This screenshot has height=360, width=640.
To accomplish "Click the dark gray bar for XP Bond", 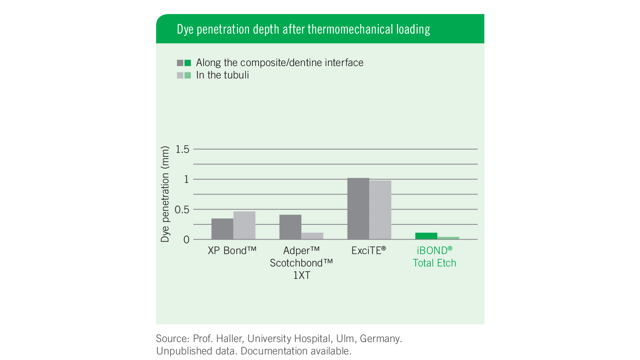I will click(222, 229).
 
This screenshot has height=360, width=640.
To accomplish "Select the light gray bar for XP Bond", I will click(244, 225).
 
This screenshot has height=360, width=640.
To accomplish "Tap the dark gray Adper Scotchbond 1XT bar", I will click(290, 227).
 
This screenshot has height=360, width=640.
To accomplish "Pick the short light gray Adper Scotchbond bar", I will click(312, 236).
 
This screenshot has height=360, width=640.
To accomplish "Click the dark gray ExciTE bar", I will click(358, 208).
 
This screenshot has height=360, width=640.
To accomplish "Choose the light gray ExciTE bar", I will click(380, 210).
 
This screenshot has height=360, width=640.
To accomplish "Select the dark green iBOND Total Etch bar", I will click(426, 236).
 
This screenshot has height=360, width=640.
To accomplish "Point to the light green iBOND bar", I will click(448, 238).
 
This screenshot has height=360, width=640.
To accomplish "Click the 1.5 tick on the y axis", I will click(182, 149).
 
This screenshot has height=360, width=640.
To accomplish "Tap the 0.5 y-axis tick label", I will click(182, 210).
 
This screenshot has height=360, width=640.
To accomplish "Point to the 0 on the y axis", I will click(186, 240).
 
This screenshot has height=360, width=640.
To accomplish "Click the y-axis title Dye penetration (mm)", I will click(165, 194).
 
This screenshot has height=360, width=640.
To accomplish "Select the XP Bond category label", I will click(232, 250).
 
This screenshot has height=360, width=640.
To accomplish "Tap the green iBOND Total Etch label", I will click(434, 256).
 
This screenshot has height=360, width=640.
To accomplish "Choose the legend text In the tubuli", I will click(222, 75).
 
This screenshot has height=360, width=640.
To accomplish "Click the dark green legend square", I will click(188, 63).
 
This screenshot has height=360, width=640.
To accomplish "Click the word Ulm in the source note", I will click(346, 338).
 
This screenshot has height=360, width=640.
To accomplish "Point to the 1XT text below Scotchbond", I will click(302, 275).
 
